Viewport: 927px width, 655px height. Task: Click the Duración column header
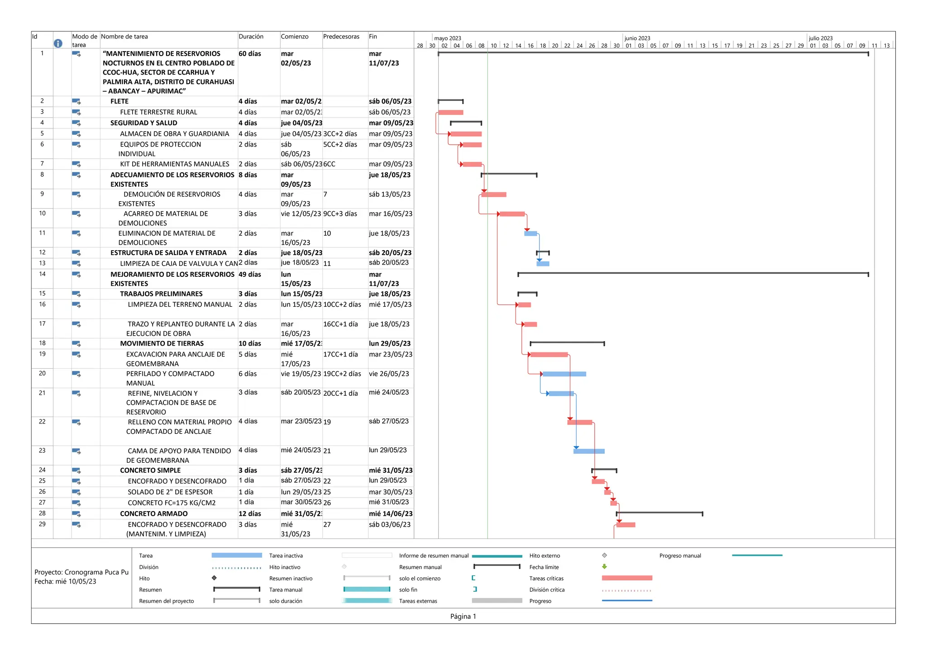click(x=251, y=37)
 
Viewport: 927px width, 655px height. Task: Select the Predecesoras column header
click(x=341, y=37)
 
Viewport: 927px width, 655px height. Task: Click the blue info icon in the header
click(x=58, y=43)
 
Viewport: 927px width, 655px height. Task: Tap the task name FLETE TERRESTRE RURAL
click(x=158, y=112)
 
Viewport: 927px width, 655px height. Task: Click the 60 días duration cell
click(x=250, y=54)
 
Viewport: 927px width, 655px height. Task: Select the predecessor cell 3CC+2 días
click(x=340, y=134)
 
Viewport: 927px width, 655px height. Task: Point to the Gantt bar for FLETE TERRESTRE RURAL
click(x=450, y=112)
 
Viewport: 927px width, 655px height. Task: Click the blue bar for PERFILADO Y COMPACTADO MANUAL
click(x=564, y=374)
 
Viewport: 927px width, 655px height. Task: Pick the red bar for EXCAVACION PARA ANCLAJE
click(x=549, y=355)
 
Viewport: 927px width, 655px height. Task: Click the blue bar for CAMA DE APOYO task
click(x=589, y=451)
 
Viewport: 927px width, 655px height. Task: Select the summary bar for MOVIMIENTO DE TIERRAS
click(x=567, y=343)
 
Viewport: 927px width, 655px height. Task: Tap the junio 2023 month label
click(x=637, y=38)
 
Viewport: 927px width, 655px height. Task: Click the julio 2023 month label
click(x=821, y=38)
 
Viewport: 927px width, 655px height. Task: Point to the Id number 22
click(x=42, y=422)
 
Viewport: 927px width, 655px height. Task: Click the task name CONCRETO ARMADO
click(x=153, y=514)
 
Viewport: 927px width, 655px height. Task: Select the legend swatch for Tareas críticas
click(x=627, y=578)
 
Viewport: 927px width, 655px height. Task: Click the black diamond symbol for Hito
click(x=214, y=578)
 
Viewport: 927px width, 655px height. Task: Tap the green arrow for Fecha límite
click(x=604, y=566)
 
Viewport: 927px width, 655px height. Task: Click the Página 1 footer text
click(x=463, y=617)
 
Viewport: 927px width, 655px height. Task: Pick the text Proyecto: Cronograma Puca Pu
click(x=81, y=572)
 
